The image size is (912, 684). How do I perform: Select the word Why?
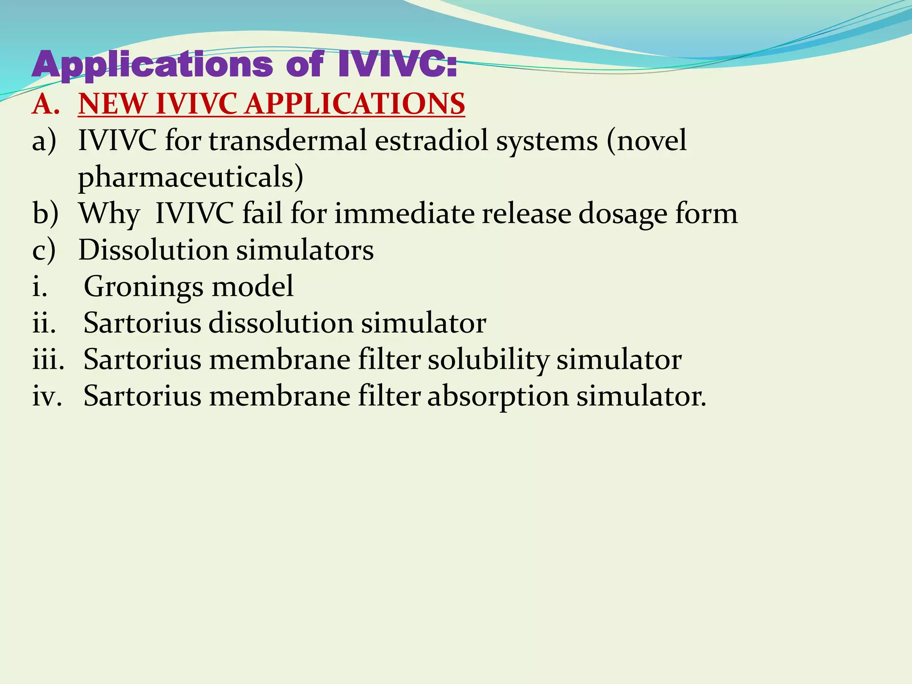click(x=109, y=213)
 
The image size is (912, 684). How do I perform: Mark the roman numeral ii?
click(x=44, y=323)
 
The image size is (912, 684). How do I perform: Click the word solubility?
click(x=488, y=360)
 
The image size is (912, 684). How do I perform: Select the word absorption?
click(x=498, y=396)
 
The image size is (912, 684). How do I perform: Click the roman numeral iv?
click(x=47, y=396)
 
